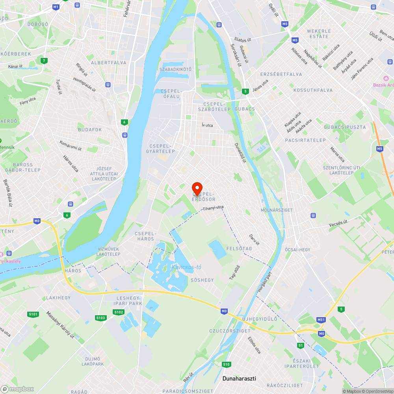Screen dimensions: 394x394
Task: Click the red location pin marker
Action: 197,188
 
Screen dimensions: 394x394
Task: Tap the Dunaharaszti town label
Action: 239,379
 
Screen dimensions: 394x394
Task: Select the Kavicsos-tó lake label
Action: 186,268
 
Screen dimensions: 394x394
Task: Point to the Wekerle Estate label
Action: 318,34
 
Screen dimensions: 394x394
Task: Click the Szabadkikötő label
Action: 175,69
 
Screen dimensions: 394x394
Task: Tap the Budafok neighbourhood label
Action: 90,130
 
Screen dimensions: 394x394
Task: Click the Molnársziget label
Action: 277,210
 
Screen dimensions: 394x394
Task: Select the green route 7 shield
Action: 44,60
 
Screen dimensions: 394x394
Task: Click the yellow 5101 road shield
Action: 33,314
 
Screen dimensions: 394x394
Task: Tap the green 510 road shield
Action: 226,364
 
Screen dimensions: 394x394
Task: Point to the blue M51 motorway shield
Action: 321,320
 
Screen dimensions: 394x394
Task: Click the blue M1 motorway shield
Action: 56,7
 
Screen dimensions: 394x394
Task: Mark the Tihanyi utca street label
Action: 213,208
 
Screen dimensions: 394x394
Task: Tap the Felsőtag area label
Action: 239,249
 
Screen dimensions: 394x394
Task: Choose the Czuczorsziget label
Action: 230,331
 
